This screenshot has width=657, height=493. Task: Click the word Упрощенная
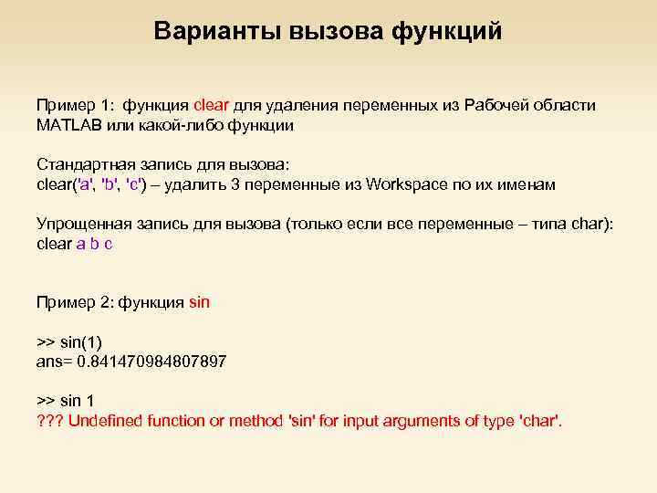tap(84, 225)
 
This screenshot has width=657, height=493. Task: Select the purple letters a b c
tap(94, 244)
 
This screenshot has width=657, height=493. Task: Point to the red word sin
tap(200, 302)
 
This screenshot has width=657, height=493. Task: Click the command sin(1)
tap(80, 342)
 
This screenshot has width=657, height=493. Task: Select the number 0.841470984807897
tap(151, 362)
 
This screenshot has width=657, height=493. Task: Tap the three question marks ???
tap(48, 421)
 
